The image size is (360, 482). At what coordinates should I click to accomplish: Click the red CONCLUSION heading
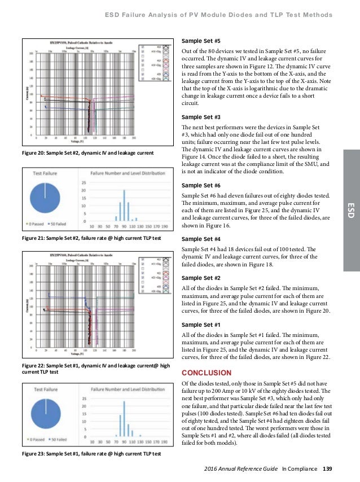[x=206, y=373]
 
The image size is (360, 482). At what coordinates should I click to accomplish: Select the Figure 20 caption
[x=92, y=153]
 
